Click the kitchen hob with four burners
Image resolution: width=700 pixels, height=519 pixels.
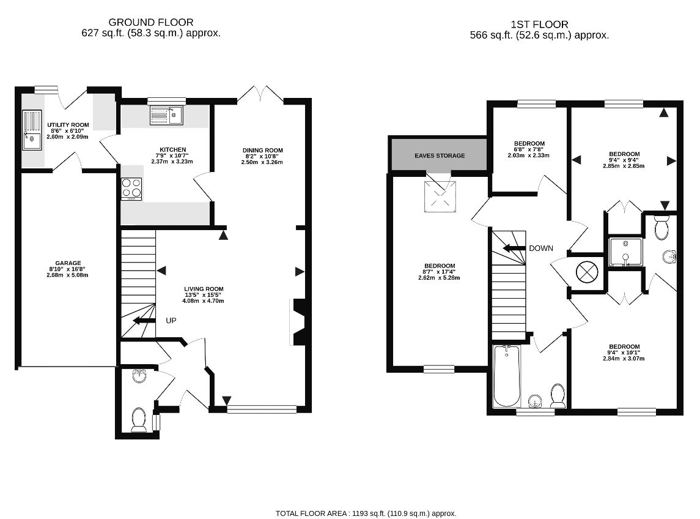131,189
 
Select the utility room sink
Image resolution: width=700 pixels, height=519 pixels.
31,130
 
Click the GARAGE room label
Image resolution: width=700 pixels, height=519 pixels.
68,263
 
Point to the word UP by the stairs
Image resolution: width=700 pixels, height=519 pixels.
172,320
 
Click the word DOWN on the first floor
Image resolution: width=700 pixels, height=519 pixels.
541,248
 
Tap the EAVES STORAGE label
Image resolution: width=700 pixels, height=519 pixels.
440,155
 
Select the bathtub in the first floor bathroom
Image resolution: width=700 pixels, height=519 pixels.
506,376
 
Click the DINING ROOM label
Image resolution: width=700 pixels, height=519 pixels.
263,151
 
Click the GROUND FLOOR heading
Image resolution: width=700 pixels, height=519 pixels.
150,23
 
